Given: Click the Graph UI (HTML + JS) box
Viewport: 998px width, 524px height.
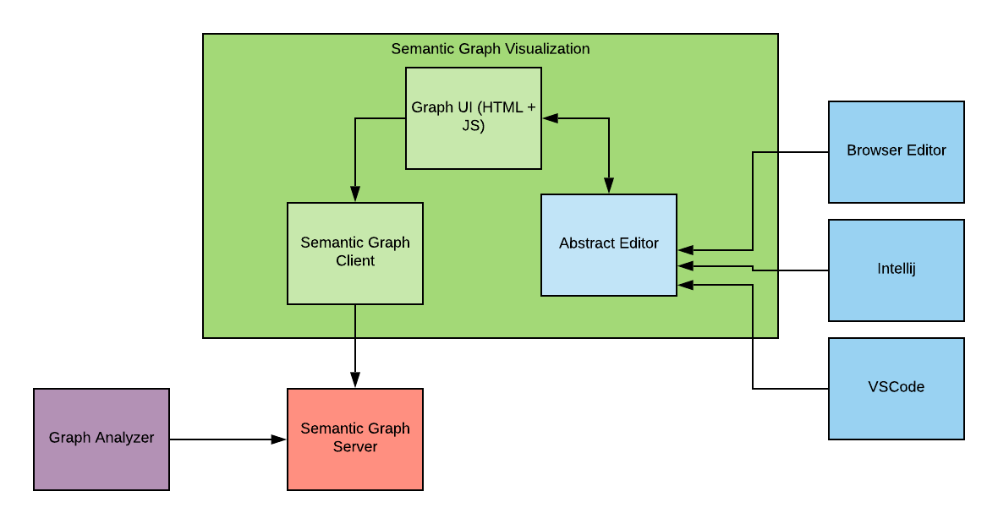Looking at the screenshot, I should [474, 118].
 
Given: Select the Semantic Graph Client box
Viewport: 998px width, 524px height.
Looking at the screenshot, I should [355, 253].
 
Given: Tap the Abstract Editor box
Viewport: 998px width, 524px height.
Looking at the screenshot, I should [609, 244].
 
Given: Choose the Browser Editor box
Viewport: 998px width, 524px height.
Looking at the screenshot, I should [897, 152].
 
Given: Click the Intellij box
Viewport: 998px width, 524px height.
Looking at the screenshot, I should [897, 270].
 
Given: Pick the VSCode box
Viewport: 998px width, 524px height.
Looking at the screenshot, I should [897, 389].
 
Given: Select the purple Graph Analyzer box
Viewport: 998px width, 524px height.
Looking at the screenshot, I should [101, 439].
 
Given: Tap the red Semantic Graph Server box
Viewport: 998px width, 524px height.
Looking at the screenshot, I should [355, 439].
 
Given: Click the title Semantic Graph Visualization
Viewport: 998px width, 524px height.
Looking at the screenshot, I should [491, 49].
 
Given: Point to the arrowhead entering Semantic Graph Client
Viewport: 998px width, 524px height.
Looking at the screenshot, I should [355, 194].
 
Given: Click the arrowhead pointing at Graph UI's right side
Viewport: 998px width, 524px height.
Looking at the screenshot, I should [551, 118].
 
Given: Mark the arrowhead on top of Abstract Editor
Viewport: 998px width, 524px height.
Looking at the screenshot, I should [609, 186].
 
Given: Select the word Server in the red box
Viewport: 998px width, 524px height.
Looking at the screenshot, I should [355, 447].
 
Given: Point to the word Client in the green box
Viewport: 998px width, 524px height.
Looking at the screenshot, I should [355, 261].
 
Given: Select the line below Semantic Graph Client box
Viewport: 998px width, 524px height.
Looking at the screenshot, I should [355, 321].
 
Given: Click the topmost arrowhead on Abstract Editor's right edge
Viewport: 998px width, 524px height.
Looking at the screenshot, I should [686, 250].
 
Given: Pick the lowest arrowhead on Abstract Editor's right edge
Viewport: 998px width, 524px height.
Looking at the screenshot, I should [686, 285].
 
